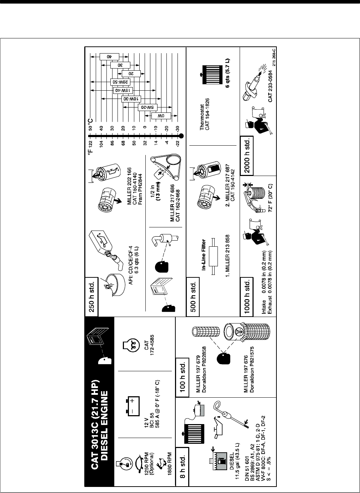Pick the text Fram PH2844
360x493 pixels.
point(140,182)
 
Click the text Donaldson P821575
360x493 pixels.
point(252,369)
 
